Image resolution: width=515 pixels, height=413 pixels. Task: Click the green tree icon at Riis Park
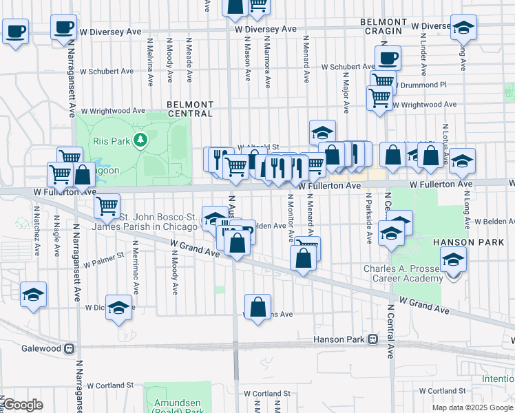pyautogui.click(x=141, y=140)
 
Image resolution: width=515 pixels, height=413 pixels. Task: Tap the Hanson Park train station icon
pyautogui.click(x=372, y=339)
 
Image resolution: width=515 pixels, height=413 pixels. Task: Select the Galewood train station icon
pyautogui.click(x=69, y=349)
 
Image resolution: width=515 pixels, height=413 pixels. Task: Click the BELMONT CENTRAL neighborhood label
pyautogui.click(x=190, y=109)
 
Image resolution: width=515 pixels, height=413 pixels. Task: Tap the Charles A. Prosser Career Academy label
pyautogui.click(x=404, y=273)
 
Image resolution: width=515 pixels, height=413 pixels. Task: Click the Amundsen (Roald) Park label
pyautogui.click(x=177, y=400)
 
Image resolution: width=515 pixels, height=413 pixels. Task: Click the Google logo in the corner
pyautogui.click(x=23, y=405)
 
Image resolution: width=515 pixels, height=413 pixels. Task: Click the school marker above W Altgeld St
pyautogui.click(x=322, y=131)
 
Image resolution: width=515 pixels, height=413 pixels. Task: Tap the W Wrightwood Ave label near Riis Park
pyautogui.click(x=113, y=110)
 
